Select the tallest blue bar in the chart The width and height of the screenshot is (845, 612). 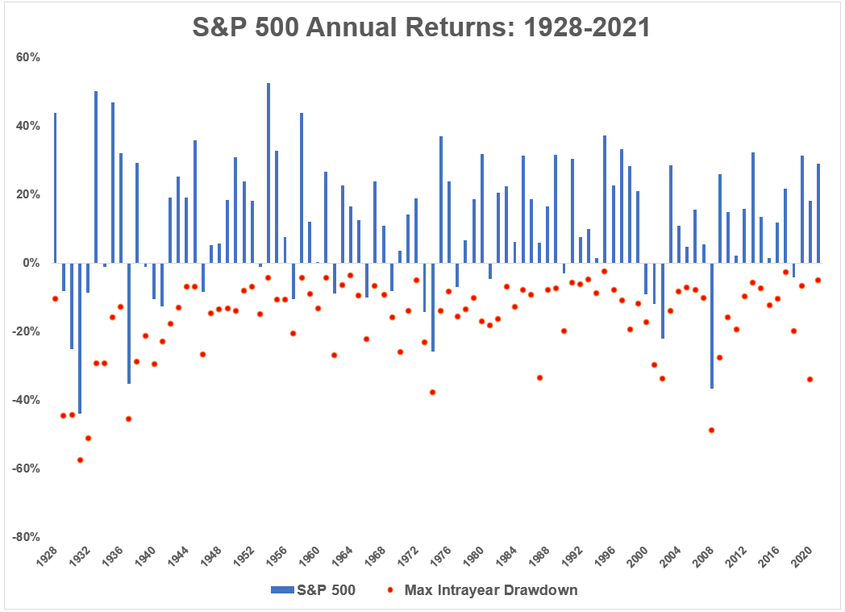point(268,173)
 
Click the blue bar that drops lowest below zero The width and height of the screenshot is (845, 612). point(80,338)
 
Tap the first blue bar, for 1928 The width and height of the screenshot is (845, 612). point(55,188)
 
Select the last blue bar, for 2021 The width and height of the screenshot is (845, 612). point(818,214)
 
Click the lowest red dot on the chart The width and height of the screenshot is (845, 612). point(80,460)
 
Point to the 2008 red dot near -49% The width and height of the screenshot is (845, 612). point(711,430)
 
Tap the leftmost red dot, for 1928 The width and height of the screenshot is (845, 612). point(55,298)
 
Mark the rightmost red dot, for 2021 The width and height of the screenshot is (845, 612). point(818,280)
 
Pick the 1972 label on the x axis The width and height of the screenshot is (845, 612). point(410,555)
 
